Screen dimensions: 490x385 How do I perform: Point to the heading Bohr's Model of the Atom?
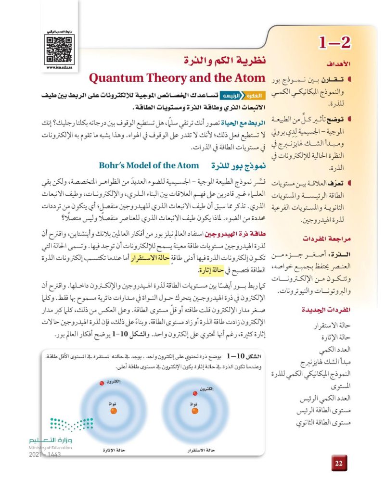149,165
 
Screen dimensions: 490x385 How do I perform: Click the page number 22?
338,463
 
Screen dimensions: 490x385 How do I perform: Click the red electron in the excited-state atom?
102,382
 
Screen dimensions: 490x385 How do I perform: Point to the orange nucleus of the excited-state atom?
114,411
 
